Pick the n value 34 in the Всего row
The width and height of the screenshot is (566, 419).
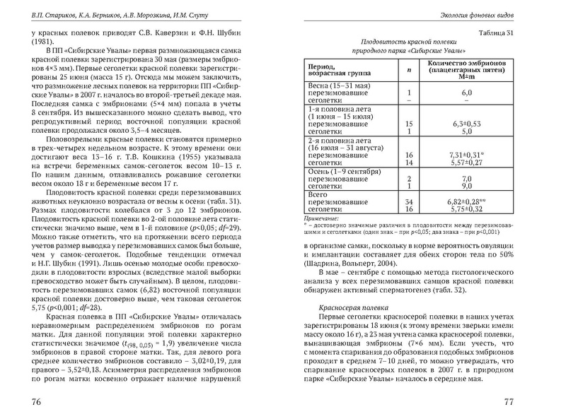408,201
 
